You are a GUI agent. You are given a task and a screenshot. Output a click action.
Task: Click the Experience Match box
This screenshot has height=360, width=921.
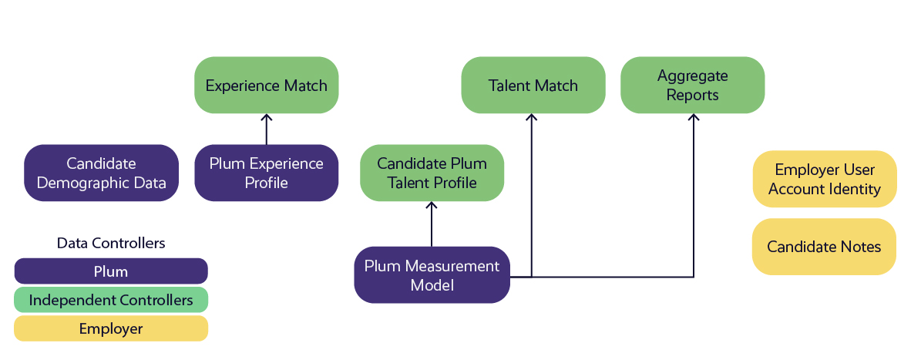(x=267, y=85)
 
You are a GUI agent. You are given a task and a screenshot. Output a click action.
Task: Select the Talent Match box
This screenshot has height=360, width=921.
(x=533, y=85)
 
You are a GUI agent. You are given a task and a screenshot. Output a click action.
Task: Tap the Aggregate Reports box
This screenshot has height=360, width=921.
(x=692, y=85)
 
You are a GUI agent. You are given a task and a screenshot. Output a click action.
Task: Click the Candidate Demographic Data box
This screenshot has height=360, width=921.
(x=101, y=173)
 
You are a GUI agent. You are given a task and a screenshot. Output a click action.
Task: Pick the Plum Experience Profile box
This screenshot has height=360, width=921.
(x=267, y=173)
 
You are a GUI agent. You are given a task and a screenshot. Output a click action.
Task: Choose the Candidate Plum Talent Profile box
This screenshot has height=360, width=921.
(x=432, y=173)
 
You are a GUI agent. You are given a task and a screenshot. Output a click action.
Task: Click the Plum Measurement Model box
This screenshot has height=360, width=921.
(x=432, y=275)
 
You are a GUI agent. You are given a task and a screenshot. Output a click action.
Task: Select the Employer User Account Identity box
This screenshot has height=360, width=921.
(x=824, y=179)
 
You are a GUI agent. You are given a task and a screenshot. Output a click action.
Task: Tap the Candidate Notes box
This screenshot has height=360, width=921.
(x=824, y=247)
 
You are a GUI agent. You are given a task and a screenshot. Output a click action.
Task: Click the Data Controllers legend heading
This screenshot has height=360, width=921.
(x=111, y=243)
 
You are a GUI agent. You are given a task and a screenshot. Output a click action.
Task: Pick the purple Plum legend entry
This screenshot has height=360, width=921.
(x=111, y=271)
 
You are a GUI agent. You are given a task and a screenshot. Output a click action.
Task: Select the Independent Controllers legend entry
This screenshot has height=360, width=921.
(x=111, y=300)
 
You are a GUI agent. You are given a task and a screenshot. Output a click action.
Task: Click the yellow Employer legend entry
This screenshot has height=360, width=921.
(x=111, y=328)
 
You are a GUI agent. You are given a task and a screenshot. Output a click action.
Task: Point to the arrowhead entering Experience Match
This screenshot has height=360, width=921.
(x=267, y=117)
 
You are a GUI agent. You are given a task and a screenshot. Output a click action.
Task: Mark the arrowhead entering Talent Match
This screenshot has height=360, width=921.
(x=531, y=117)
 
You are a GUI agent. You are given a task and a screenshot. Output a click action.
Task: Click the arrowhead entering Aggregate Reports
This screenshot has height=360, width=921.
(x=694, y=117)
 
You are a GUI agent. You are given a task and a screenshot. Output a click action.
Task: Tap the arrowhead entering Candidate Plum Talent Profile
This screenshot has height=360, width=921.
(x=432, y=205)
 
